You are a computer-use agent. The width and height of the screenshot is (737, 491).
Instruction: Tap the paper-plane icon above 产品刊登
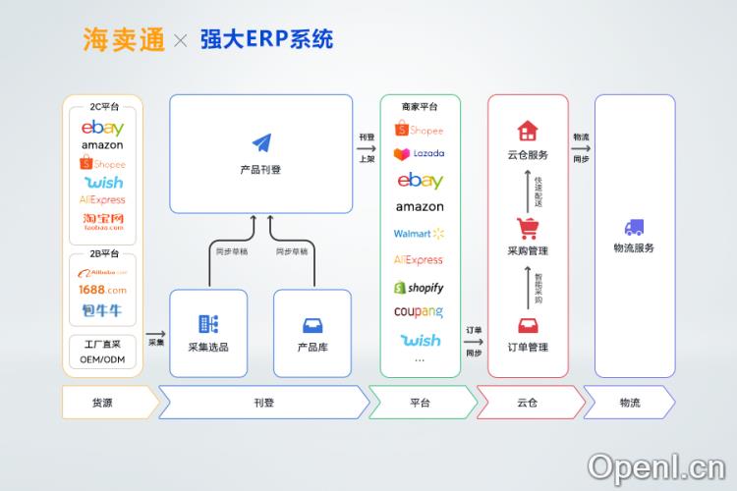click(x=260, y=144)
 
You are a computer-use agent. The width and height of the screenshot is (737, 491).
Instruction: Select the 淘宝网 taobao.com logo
click(x=102, y=221)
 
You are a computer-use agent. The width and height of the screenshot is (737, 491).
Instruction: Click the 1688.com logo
click(x=102, y=290)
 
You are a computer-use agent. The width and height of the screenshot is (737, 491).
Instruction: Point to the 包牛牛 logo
click(x=102, y=310)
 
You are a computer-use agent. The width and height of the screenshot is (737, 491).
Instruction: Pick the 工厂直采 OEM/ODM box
click(x=102, y=352)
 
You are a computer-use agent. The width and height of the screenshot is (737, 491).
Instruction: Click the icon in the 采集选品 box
click(x=207, y=324)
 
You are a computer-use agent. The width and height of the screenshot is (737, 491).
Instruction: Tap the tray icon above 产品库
click(x=312, y=325)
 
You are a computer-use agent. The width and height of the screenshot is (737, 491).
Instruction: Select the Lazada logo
click(x=420, y=154)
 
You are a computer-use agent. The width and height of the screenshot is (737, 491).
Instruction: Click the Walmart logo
click(x=420, y=234)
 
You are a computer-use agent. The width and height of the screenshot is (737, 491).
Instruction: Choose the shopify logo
click(x=420, y=288)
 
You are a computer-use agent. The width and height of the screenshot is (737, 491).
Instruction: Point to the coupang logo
click(x=420, y=312)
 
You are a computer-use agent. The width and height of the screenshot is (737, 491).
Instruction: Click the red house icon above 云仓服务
click(x=528, y=131)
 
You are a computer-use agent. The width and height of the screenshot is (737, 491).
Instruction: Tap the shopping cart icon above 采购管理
click(x=528, y=229)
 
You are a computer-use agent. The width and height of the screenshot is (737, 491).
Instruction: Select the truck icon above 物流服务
click(x=634, y=227)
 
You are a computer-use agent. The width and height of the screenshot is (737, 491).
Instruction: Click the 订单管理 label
click(x=528, y=347)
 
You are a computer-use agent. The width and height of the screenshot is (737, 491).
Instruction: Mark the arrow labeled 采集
click(x=156, y=336)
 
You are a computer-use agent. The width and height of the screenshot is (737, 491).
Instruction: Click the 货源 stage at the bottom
click(x=102, y=403)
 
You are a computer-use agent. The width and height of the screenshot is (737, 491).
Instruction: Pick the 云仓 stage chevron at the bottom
click(x=528, y=403)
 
